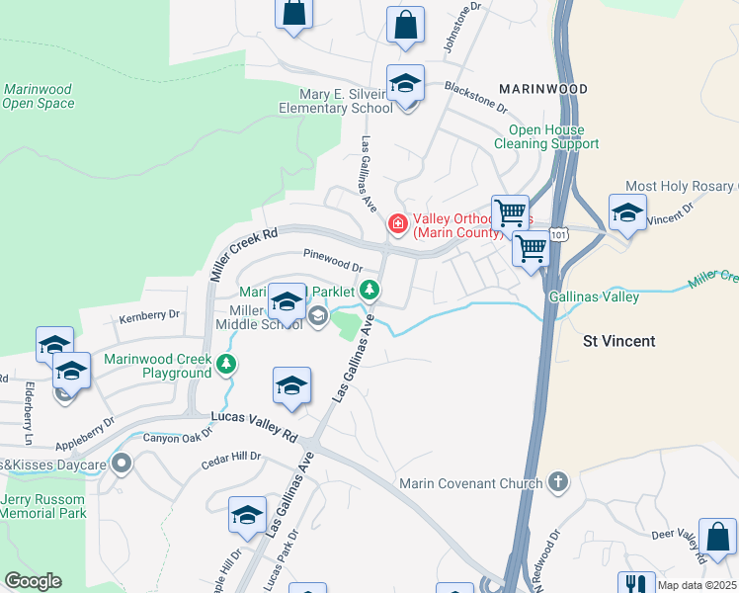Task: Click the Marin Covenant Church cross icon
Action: point(558,482)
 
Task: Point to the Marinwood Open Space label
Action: point(39,96)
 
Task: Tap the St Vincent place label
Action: point(618,341)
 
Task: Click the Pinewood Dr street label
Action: point(333,260)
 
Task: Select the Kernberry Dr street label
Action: point(149,316)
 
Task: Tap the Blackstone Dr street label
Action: point(475,96)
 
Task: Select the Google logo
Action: point(33,581)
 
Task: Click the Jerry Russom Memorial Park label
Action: point(43,506)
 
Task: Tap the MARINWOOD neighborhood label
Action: point(542,89)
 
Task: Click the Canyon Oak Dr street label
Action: point(178,436)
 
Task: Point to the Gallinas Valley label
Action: point(594,296)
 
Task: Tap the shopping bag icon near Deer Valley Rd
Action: point(717,539)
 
